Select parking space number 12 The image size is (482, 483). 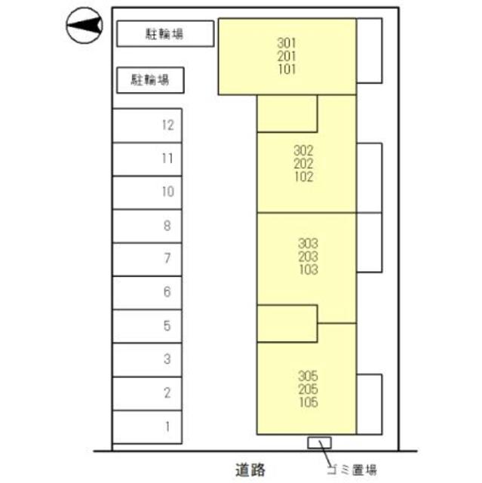(x=147, y=125)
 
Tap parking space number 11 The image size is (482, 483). (x=147, y=158)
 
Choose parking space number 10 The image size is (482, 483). (x=147, y=192)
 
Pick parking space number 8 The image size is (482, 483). (x=147, y=225)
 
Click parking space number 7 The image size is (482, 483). (x=147, y=259)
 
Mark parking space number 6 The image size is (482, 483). (x=147, y=292)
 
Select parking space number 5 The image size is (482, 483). (x=147, y=326)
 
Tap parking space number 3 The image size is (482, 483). (x=147, y=359)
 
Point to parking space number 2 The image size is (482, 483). (x=147, y=392)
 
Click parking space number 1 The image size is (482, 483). (x=147, y=426)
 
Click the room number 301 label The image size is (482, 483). (x=287, y=42)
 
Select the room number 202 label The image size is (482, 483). (x=303, y=164)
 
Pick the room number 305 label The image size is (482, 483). (x=308, y=375)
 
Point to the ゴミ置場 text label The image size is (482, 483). (x=351, y=470)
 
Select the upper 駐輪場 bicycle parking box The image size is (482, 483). (x=165, y=33)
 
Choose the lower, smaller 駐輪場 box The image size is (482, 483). (x=149, y=78)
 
